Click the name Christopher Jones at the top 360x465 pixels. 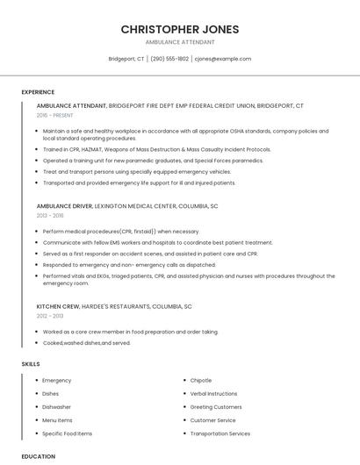[179, 29]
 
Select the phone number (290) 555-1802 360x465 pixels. [169, 59]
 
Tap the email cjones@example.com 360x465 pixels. [223, 59]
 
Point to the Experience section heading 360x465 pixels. [38, 92]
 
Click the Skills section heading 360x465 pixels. [31, 363]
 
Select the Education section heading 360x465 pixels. [39, 456]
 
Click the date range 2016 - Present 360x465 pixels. [55, 115]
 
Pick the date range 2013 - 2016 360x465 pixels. [50, 215]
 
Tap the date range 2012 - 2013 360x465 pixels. [50, 316]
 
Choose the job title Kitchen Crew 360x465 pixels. [58, 306]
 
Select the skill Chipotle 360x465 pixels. [201, 381]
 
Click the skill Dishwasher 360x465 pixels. [57, 407]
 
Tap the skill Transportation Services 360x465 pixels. [220, 433]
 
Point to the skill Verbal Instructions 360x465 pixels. [213, 394]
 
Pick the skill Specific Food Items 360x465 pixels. [67, 433]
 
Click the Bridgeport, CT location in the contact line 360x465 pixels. [126, 59]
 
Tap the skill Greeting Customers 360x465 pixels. [216, 407]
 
